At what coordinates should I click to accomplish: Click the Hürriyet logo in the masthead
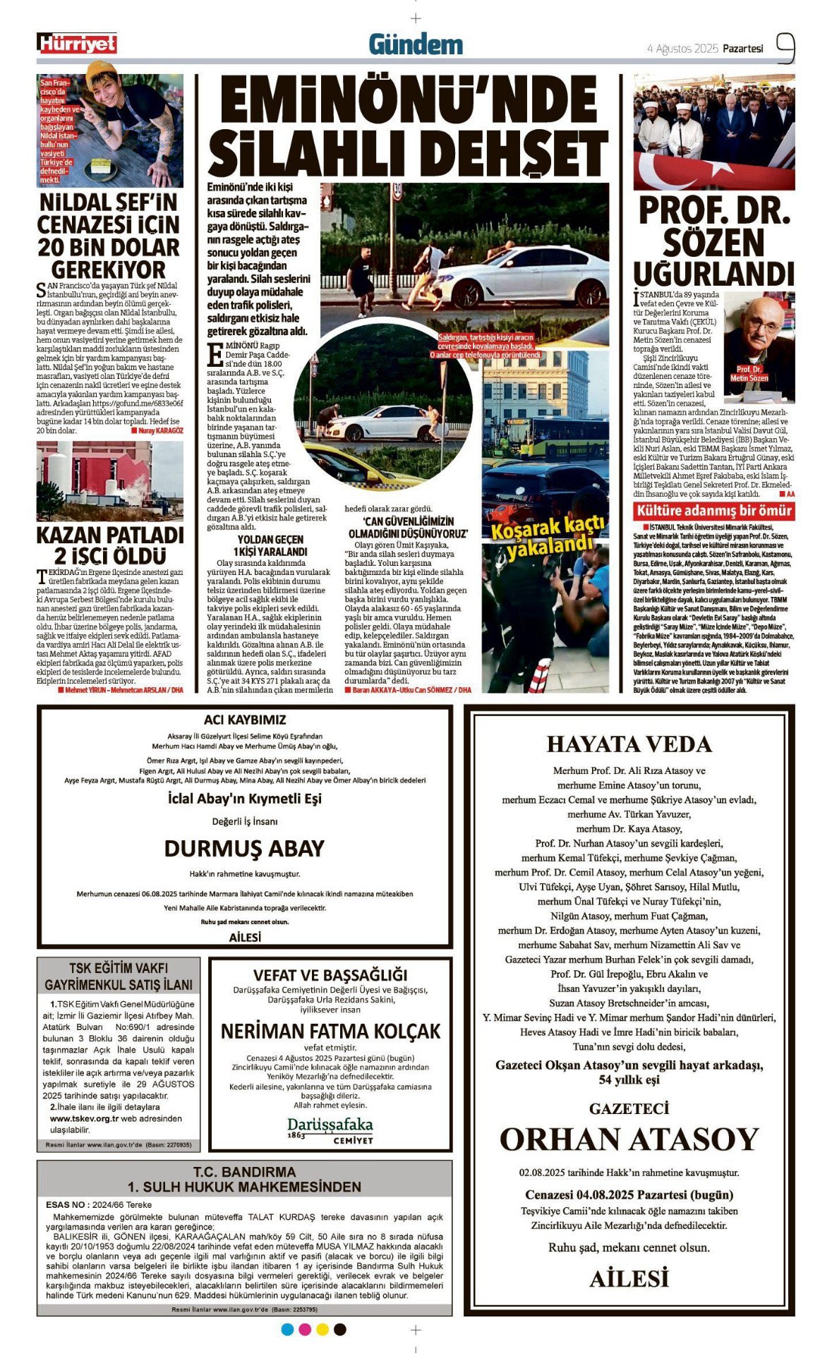(x=77, y=44)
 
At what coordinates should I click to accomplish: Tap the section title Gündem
(x=416, y=45)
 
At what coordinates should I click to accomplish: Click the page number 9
(x=785, y=48)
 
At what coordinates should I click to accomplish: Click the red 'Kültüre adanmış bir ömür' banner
(x=713, y=511)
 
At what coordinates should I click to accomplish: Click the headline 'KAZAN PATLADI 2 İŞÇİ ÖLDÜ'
(x=109, y=545)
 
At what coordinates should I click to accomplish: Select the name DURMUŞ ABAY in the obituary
(x=244, y=848)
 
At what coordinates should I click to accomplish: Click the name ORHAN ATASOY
(x=629, y=1139)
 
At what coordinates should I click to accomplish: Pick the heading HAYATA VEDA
(x=629, y=744)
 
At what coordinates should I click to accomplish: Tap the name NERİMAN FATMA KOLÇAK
(x=330, y=1031)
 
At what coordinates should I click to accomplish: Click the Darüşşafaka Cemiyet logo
(x=330, y=1130)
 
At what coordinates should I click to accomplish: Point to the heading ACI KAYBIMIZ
(x=245, y=720)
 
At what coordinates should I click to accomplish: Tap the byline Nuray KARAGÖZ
(x=160, y=430)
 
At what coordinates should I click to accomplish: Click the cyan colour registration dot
(x=287, y=1329)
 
